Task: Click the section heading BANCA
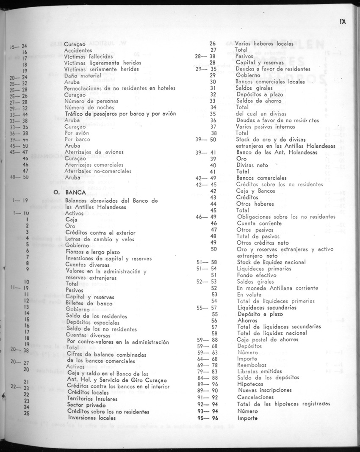pyautogui.click(x=77, y=192)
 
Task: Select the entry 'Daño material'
pyautogui.click(x=82, y=76)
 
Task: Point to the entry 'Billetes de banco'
pyautogui.click(x=89, y=303)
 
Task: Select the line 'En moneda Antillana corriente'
pyautogui.click(x=277, y=288)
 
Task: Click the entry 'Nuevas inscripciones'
pyautogui.click(x=265, y=391)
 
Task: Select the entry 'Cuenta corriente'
pyautogui.click(x=259, y=223)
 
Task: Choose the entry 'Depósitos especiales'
pyautogui.click(x=93, y=322)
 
